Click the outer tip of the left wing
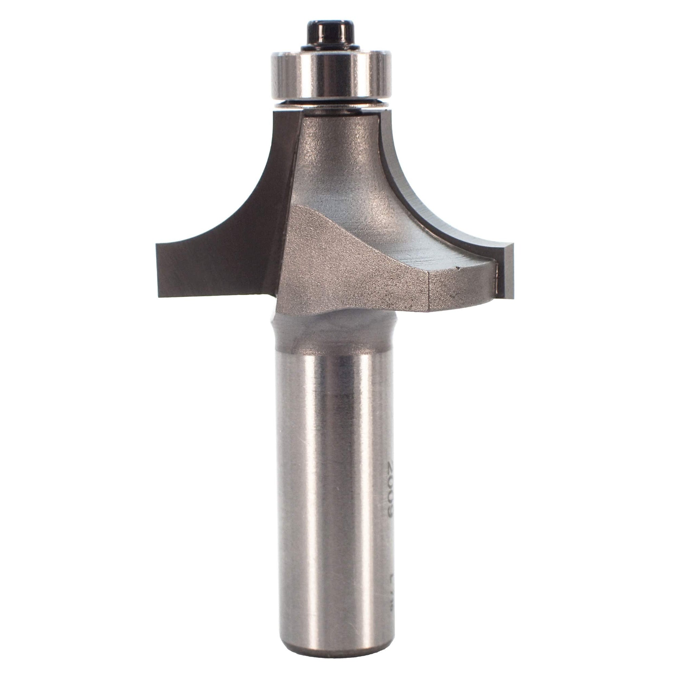pyautogui.click(x=159, y=270)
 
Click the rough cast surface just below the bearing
pyautogui.click(x=337, y=140)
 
